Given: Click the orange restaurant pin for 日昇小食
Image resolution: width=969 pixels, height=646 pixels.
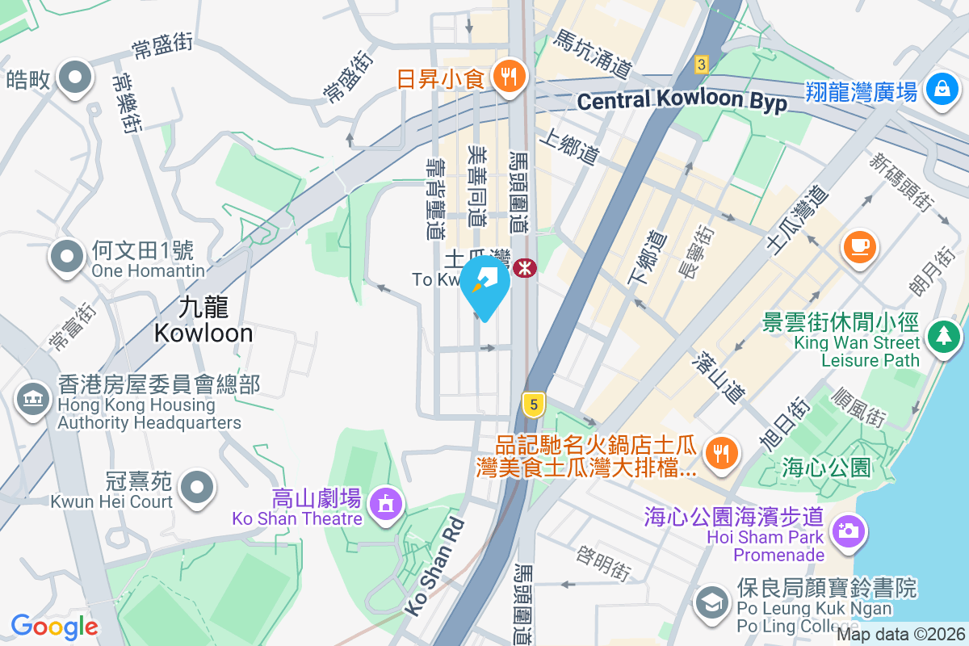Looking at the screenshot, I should [x=508, y=78].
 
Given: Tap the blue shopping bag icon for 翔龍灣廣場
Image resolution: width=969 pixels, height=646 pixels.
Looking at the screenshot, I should [x=942, y=90].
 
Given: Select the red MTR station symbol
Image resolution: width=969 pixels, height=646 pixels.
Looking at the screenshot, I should [x=525, y=268].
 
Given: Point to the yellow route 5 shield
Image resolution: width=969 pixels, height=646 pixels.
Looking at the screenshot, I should [x=531, y=405].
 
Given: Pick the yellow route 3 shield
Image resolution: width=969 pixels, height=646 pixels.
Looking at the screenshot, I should [x=701, y=64].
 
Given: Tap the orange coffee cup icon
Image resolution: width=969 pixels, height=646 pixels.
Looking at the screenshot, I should [x=860, y=244].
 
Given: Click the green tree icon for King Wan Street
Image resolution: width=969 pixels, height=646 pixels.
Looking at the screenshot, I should [x=942, y=335].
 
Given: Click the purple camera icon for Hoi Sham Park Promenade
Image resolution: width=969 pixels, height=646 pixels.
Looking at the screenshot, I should [x=847, y=531].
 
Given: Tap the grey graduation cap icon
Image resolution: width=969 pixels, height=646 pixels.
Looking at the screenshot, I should [x=712, y=602].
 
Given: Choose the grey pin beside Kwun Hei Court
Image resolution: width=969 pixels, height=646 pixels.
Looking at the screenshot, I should [x=197, y=489].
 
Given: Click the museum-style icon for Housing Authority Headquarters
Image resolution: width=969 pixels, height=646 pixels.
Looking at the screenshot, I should [x=31, y=401].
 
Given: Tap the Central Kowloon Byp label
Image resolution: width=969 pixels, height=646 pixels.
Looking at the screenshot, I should [x=682, y=101].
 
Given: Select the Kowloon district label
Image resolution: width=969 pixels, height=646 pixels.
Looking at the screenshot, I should [x=203, y=320].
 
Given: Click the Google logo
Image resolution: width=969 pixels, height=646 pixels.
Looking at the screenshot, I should [x=54, y=626].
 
